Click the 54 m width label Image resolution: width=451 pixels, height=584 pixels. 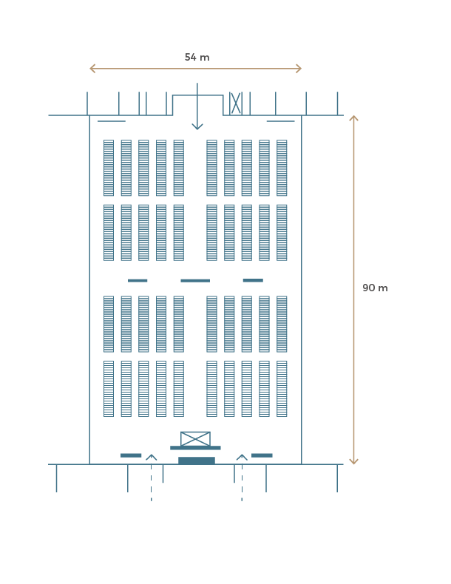[197, 58]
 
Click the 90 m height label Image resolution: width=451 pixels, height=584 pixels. [375, 288]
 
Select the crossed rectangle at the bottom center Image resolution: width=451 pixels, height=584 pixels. [195, 439]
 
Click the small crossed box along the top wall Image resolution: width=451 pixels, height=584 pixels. [236, 103]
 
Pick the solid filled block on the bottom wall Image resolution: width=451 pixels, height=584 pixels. [197, 461]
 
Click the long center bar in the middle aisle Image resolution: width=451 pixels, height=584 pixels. [195, 280]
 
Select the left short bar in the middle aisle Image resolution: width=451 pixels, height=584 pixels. [138, 280]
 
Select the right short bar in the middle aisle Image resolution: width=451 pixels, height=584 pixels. [254, 280]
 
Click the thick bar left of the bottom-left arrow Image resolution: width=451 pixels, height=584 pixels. [131, 455]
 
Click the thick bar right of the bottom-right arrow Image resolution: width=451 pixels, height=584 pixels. [262, 455]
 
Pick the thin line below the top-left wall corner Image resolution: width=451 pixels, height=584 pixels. [112, 121]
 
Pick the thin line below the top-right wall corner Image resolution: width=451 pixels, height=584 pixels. [280, 121]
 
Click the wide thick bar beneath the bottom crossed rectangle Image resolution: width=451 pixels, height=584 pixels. [195, 448]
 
